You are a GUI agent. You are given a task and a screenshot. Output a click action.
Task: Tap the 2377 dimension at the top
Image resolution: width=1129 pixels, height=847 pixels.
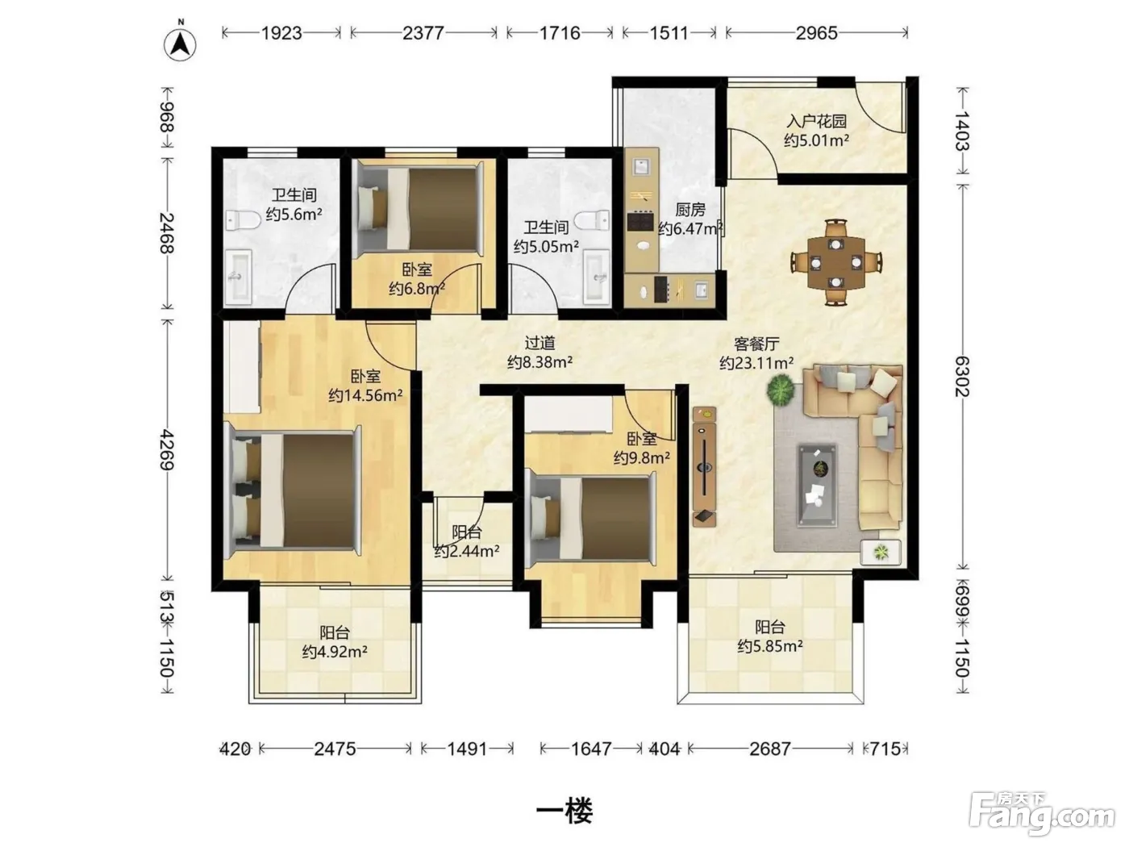pyautogui.click(x=423, y=33)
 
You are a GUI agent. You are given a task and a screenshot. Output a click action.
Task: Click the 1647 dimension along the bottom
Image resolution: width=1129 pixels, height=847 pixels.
pyautogui.click(x=591, y=749)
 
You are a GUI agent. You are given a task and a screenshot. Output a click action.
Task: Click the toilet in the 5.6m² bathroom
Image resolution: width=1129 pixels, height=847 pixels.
pyautogui.click(x=242, y=220)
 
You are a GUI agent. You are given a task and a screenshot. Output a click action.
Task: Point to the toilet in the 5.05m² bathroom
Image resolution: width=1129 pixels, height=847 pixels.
pyautogui.click(x=592, y=220)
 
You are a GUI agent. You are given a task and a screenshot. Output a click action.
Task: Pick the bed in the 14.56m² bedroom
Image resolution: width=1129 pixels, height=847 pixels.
pyautogui.click(x=293, y=490)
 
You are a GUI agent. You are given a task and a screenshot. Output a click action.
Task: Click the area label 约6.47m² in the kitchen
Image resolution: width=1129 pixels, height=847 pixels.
pyautogui.click(x=690, y=228)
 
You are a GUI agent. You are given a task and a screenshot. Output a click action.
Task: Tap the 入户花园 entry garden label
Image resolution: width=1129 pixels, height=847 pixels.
pyautogui.click(x=816, y=121)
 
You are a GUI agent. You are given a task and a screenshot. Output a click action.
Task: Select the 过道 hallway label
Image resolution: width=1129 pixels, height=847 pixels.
pyautogui.click(x=540, y=343)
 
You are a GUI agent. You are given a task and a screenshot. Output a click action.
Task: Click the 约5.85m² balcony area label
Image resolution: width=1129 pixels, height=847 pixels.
pyautogui.click(x=770, y=646)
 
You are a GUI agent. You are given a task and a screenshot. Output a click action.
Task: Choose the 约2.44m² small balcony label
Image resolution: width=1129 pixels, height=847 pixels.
pyautogui.click(x=466, y=551)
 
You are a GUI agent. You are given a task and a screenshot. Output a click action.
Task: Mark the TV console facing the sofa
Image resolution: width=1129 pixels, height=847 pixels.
pyautogui.click(x=704, y=467)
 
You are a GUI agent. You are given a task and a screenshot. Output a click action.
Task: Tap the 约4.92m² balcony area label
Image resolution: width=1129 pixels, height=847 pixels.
pyautogui.click(x=335, y=652)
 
